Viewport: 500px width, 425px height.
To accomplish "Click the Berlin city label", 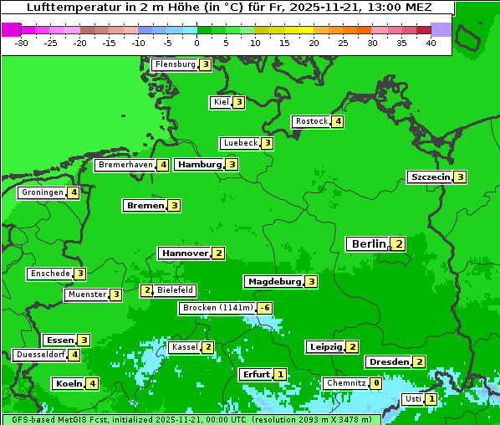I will (368, 243).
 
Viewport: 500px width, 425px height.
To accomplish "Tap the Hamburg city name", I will (198, 165).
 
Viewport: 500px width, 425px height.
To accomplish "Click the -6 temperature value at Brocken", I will (264, 308).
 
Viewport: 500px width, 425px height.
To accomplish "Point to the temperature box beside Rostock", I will (337, 121).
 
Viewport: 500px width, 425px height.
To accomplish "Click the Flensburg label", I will (175, 64).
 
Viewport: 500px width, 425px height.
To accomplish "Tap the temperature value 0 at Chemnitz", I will (376, 383).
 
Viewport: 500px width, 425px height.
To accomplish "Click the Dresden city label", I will (388, 362).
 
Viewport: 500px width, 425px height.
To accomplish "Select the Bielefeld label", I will (175, 290).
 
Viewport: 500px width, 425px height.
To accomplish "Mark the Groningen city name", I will (43, 192).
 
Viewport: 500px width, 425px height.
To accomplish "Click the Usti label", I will (413, 399).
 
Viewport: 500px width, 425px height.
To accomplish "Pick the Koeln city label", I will (69, 383).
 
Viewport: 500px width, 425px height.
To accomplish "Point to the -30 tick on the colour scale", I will (21, 42).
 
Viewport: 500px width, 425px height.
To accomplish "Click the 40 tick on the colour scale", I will (431, 42).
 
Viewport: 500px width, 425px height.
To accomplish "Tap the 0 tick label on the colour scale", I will (196, 42).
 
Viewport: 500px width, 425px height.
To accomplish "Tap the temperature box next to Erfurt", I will (279, 374).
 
